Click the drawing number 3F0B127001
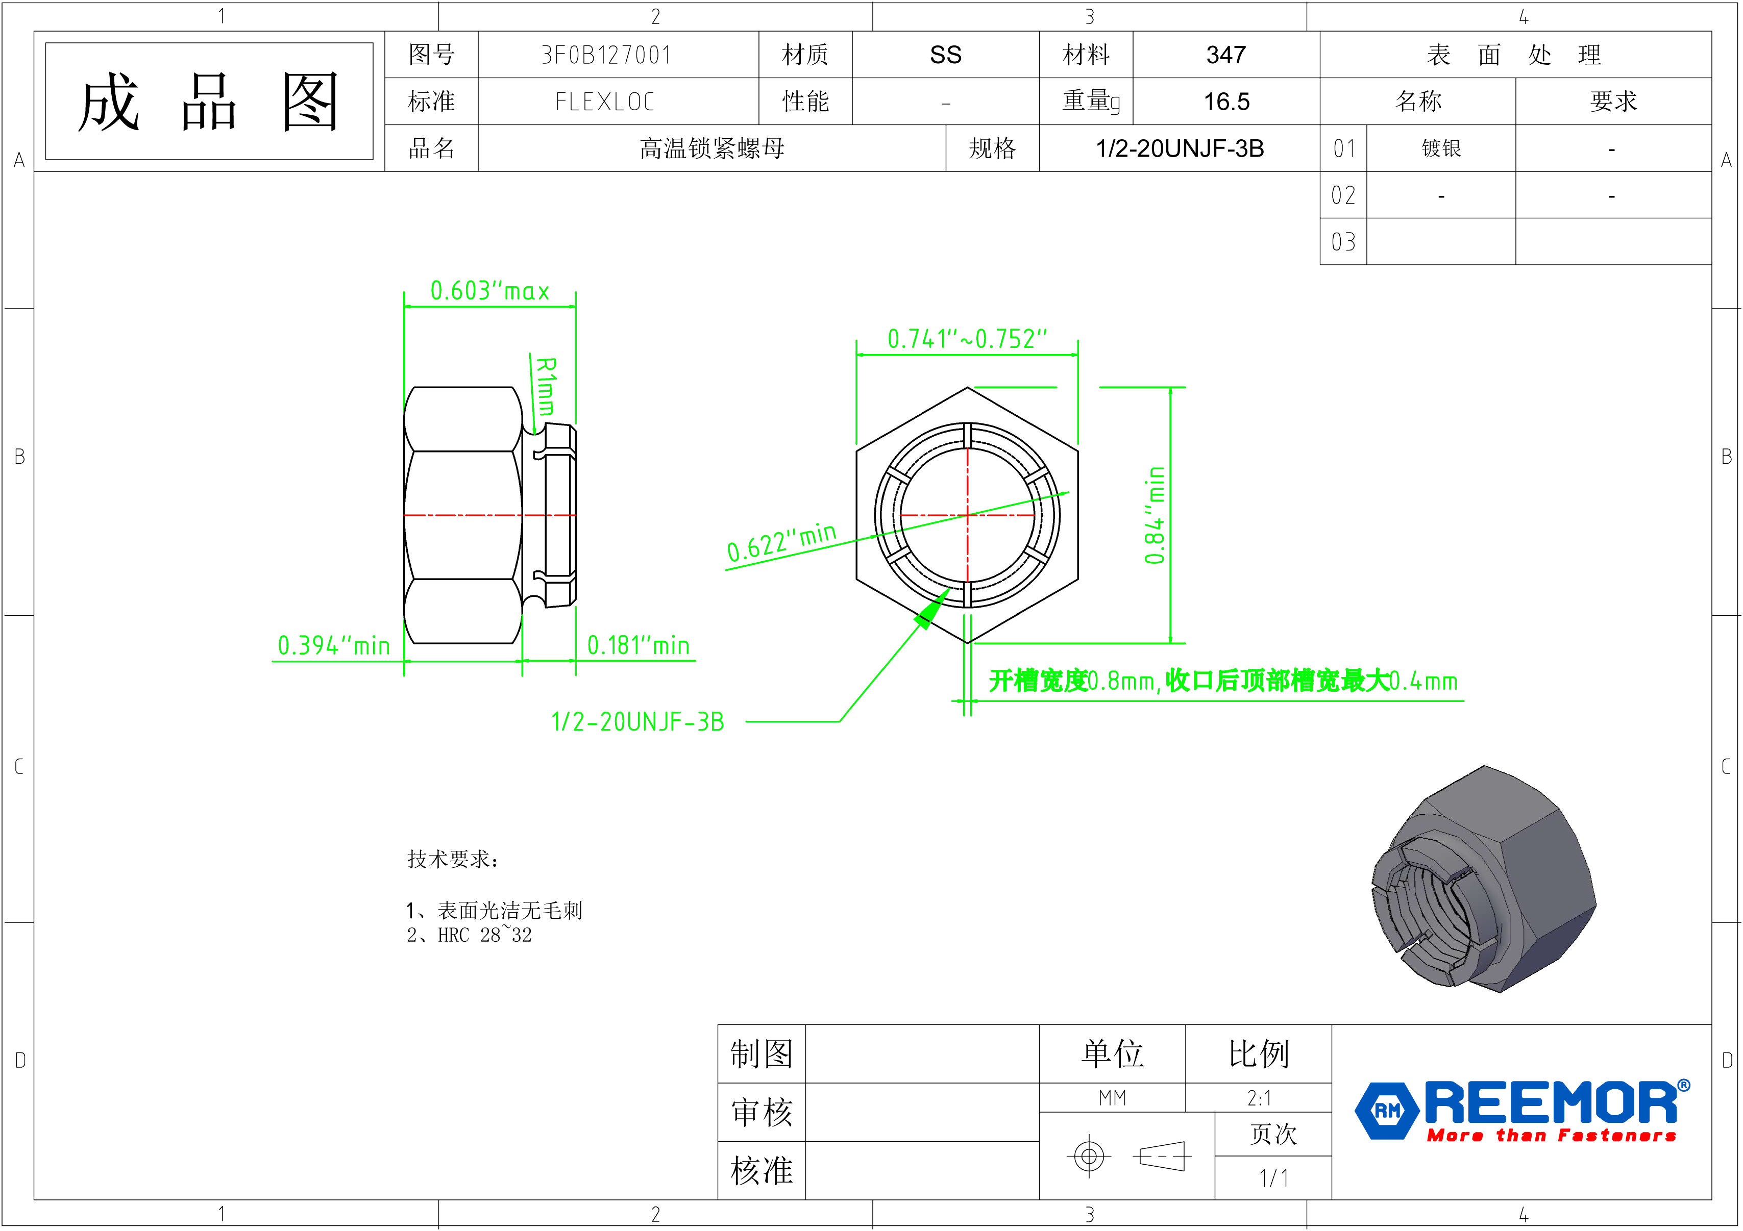pos(606,55)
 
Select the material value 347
pos(1225,55)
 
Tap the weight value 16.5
pos(1226,101)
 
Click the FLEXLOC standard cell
pos(605,101)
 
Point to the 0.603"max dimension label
pos(489,291)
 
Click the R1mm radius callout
pos(545,386)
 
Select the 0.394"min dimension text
pos(333,646)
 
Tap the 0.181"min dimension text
pos(639,646)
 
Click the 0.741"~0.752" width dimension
pos(967,339)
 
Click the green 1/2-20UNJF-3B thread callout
pos(637,722)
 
